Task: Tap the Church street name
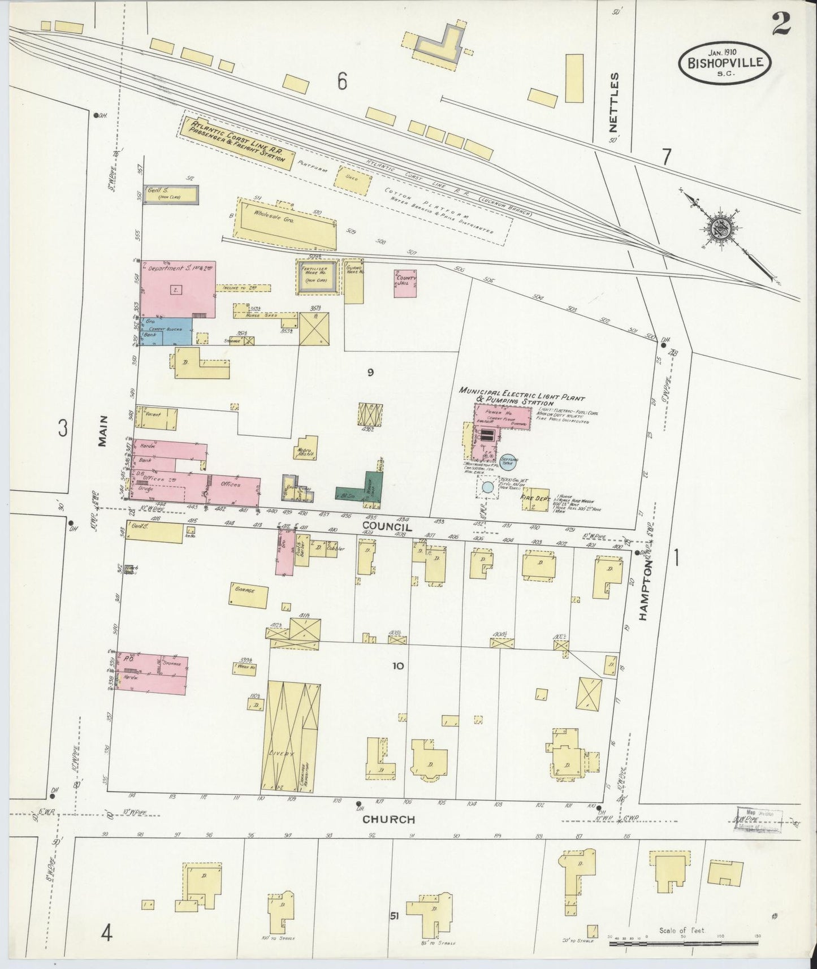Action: pos(388,819)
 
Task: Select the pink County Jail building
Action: pos(405,283)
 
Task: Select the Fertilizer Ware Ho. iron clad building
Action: pos(318,276)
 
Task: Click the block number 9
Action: pos(370,372)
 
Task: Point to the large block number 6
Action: pos(342,82)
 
